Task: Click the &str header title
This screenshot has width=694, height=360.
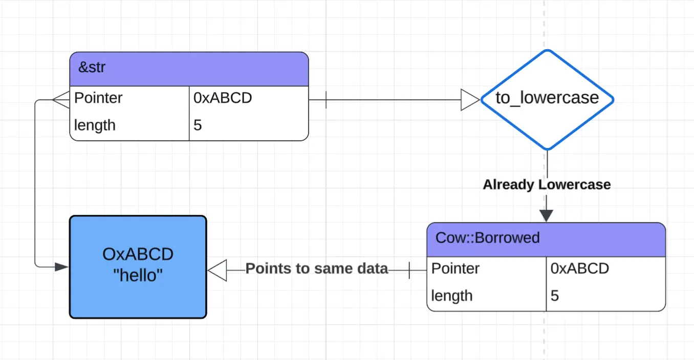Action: point(92,67)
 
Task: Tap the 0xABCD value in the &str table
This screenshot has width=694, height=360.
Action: point(223,98)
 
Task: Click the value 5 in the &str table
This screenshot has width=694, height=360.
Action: point(198,125)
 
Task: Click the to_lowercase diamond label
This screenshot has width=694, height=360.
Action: point(547,98)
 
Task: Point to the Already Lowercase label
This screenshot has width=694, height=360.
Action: point(547,184)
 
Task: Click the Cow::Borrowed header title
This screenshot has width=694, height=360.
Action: point(487,238)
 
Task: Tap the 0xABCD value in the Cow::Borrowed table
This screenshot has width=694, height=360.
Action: point(579,268)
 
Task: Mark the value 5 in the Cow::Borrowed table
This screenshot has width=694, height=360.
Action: point(554,296)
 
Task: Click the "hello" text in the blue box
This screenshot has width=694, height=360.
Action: point(138,276)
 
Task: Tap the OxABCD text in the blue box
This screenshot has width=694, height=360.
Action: point(138,255)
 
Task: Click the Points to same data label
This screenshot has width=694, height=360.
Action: point(317,268)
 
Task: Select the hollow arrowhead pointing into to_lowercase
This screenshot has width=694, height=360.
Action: point(470,100)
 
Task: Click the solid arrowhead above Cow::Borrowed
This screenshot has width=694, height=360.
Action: point(546,216)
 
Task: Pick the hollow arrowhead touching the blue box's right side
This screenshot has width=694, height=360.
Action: point(217,270)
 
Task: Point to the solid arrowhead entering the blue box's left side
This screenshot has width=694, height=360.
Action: point(61,267)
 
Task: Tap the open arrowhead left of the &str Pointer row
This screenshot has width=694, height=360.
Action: point(61,100)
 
